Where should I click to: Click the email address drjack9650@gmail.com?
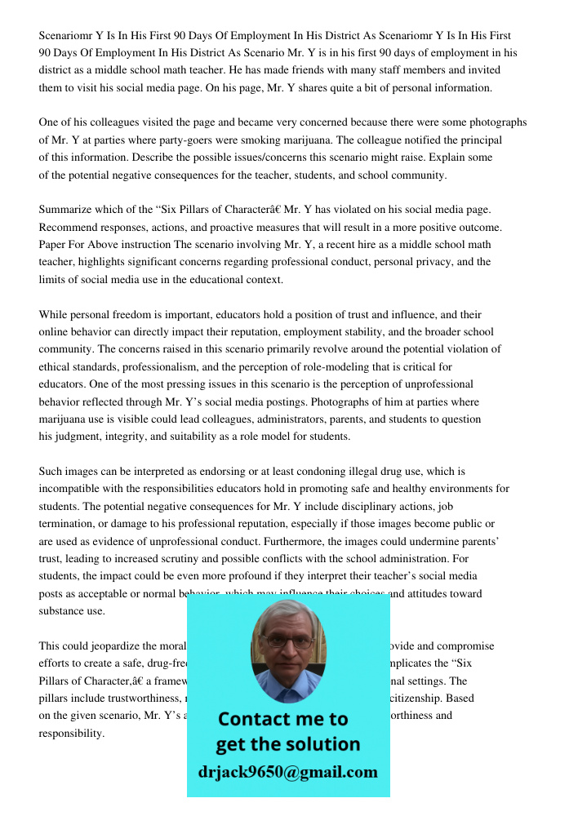tap(288, 771)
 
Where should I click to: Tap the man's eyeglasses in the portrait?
tap(287, 641)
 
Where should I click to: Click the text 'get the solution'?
tap(288, 744)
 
